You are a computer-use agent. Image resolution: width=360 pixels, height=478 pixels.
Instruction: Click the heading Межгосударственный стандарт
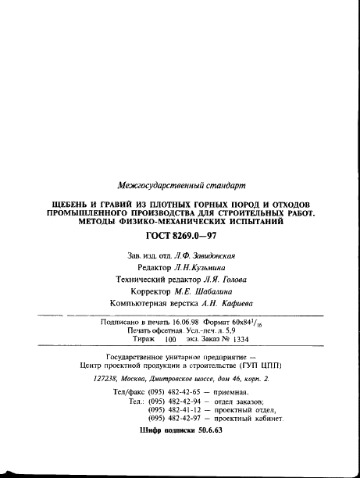[180, 185]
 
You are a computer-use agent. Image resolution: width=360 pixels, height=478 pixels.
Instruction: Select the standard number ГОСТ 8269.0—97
[180, 236]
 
